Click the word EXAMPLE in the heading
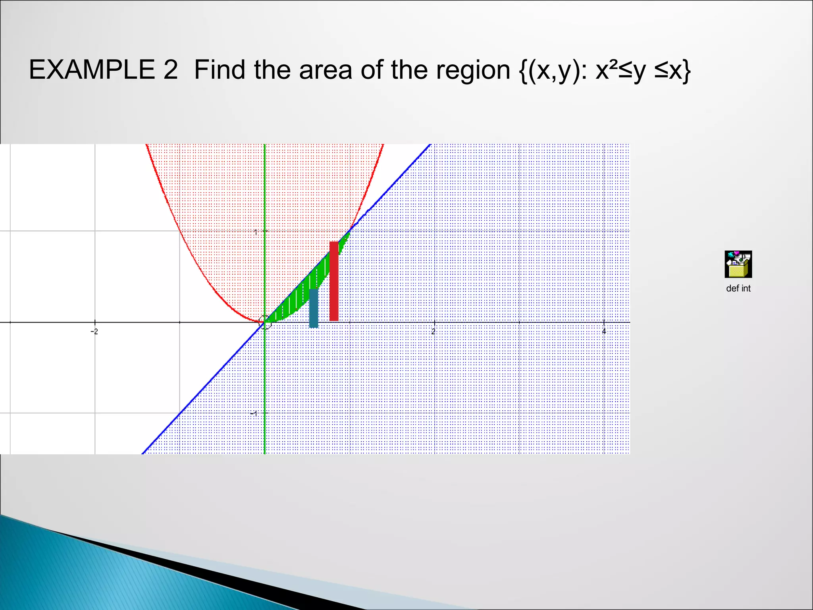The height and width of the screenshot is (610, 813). point(92,70)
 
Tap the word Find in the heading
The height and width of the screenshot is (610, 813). point(220,70)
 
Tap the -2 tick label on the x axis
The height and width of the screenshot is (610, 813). point(94,331)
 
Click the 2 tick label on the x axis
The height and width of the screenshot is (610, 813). point(433,331)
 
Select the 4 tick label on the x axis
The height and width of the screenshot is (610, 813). point(604,331)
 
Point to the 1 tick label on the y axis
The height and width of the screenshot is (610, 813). point(256,232)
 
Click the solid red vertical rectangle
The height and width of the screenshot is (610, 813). point(334,281)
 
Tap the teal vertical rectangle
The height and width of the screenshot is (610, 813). point(314,308)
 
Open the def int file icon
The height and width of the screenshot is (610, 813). point(738,264)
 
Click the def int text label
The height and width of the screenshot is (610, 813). point(738,289)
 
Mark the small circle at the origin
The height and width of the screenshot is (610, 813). point(265,322)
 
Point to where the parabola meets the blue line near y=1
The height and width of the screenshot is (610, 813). point(350,230)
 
